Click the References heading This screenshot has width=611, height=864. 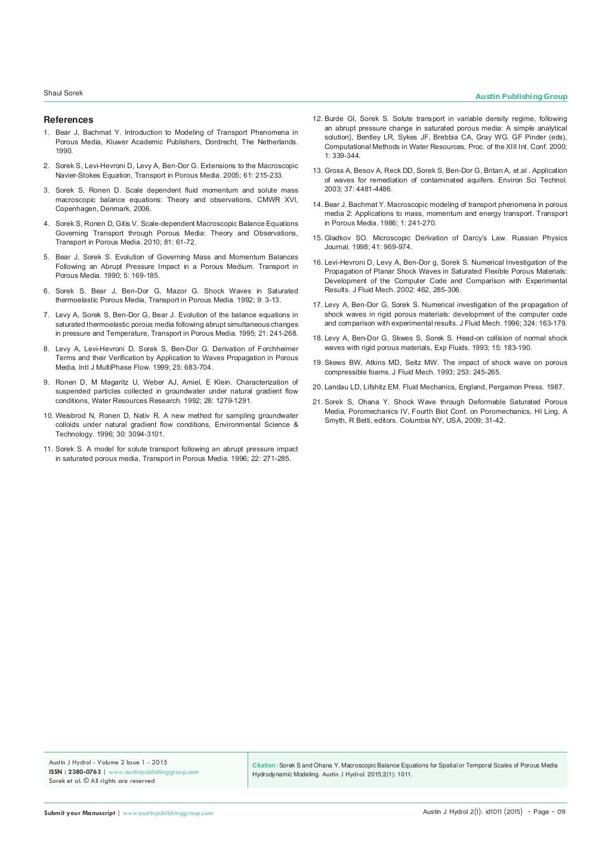coord(68,120)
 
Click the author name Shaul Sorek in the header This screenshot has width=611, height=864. coord(63,94)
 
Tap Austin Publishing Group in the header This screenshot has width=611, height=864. coord(521,97)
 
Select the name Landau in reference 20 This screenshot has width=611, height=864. coord(337,387)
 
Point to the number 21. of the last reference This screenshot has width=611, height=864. coord(317,402)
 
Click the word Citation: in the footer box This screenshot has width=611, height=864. coord(265,765)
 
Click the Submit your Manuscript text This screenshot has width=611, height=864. coord(79,813)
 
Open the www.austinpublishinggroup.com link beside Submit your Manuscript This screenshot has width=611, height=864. coord(168,813)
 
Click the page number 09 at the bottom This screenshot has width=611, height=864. coord(560,812)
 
